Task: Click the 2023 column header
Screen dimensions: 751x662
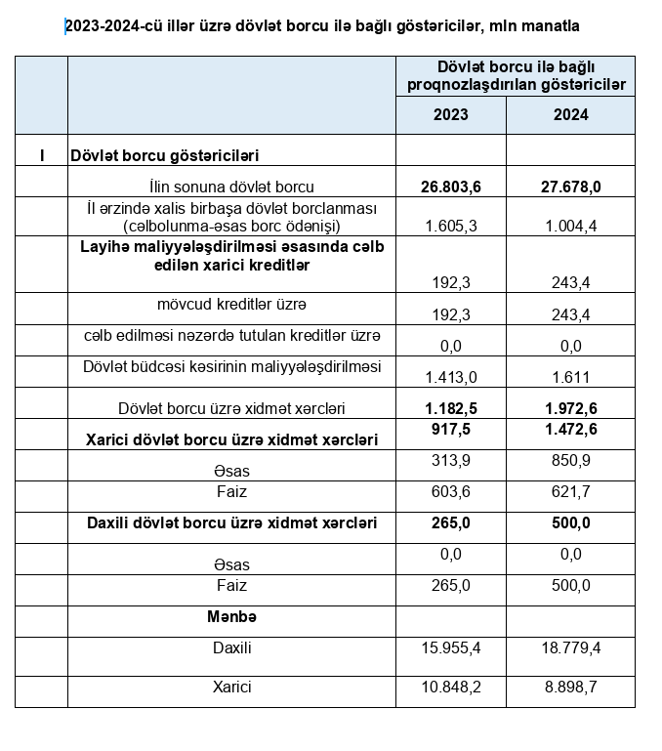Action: [x=450, y=114]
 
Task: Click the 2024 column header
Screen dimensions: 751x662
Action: [x=570, y=114]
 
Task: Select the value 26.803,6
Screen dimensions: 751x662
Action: [x=450, y=186]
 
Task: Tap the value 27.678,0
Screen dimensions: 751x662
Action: [x=570, y=186]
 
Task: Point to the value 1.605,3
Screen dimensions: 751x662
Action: [x=450, y=226]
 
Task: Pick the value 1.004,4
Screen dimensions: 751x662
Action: [x=570, y=226]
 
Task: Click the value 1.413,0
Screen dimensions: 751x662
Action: [x=450, y=376]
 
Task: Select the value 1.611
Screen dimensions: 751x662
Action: [x=570, y=376]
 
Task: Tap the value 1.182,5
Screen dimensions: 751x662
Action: [x=450, y=407]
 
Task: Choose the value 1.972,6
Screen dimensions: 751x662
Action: [x=570, y=407]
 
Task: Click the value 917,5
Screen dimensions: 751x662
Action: [x=450, y=429]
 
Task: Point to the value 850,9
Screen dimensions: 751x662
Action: [x=570, y=460]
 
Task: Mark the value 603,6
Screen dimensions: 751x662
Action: [x=450, y=491]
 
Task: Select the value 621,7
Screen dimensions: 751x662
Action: [x=570, y=491]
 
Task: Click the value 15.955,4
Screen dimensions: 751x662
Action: [x=450, y=647]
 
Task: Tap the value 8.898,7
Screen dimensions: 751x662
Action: [x=570, y=688]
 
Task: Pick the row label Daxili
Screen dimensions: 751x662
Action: [x=231, y=647]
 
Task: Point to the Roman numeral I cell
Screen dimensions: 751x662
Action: [x=41, y=154]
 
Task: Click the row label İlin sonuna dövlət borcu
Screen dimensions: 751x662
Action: [x=231, y=186]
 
